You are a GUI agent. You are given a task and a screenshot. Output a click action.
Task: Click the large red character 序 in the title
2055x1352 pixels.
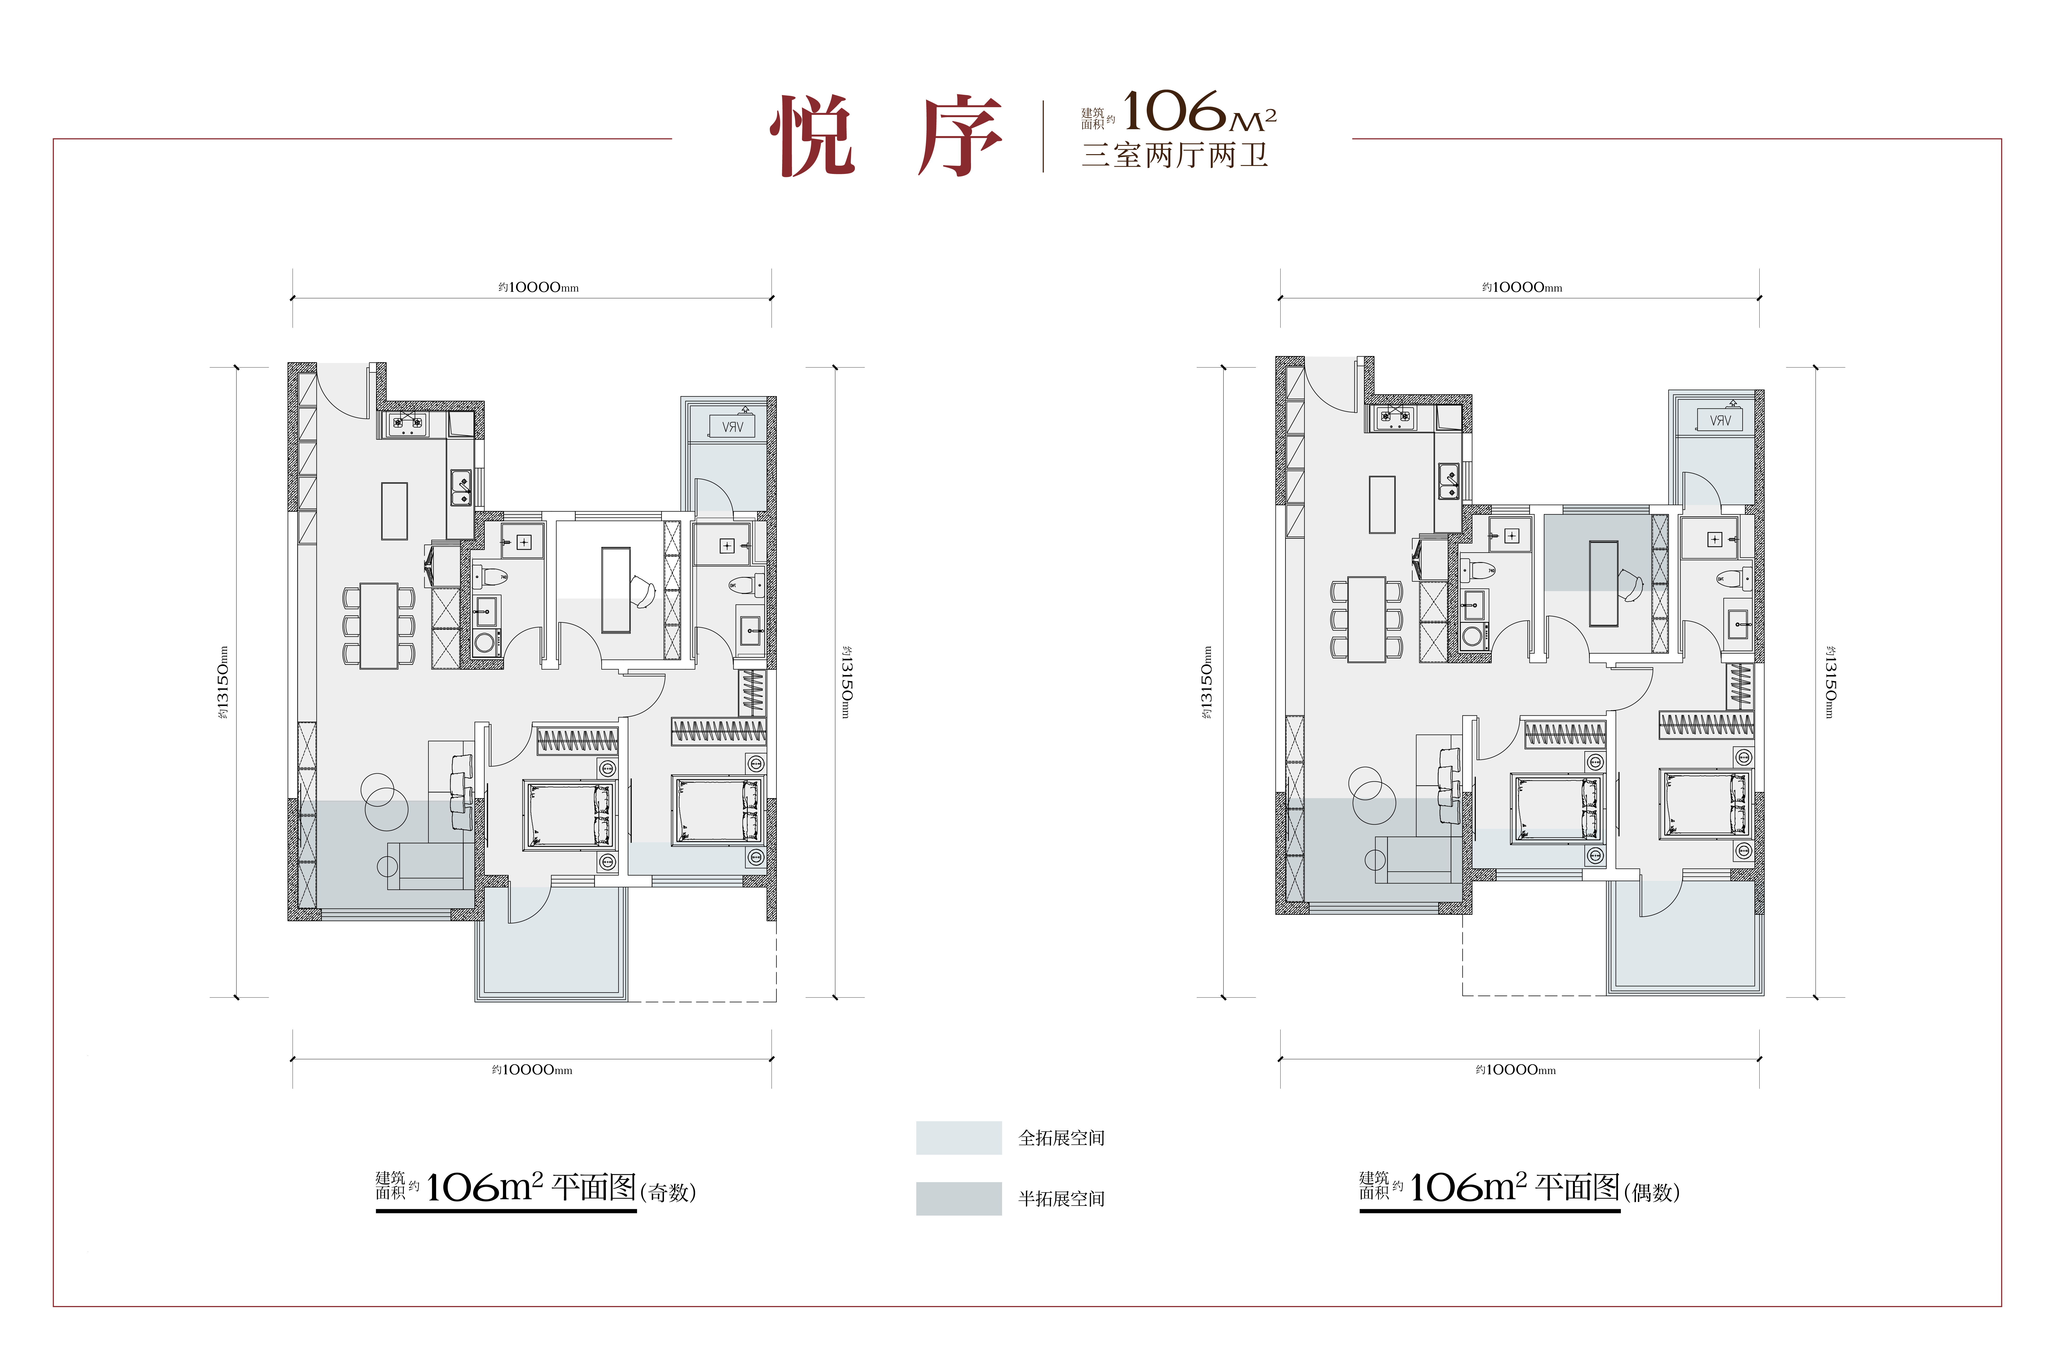point(958,136)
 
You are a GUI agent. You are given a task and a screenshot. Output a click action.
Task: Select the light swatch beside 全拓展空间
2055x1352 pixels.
point(958,1138)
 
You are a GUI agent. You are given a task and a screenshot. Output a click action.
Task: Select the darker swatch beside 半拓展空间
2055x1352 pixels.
point(958,1198)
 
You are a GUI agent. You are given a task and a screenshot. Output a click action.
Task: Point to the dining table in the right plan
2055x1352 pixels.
point(1367,619)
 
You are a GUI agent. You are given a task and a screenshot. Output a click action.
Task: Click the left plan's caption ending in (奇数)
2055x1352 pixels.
point(535,1189)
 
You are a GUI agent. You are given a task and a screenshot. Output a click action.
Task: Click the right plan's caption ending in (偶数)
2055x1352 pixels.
point(1520,1189)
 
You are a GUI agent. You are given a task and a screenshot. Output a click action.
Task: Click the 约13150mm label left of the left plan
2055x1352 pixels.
point(224,682)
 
